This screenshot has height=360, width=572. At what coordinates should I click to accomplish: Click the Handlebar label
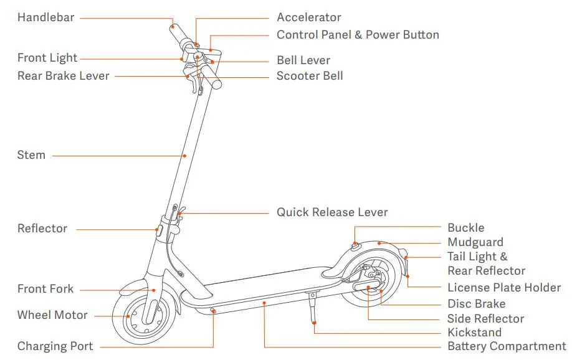[x=45, y=17]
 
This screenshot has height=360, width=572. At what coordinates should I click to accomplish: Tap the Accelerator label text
[x=309, y=17]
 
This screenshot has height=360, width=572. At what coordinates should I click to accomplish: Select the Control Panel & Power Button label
[x=358, y=35]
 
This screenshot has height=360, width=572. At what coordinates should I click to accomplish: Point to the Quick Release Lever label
[x=332, y=212]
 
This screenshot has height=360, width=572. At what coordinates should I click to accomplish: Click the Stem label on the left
[x=31, y=155]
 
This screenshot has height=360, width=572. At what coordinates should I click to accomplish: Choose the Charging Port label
[x=55, y=346]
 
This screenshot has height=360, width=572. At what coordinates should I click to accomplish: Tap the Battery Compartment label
[x=507, y=346]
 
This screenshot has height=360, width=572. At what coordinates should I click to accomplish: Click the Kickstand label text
[x=474, y=333]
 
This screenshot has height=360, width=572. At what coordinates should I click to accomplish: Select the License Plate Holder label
[x=504, y=288]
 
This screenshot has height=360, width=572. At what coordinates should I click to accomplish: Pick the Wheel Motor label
[x=52, y=315]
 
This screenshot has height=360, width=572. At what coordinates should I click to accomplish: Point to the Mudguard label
[x=475, y=242]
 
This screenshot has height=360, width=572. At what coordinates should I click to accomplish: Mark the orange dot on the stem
[x=184, y=155]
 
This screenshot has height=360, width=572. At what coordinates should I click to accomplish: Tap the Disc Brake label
[x=476, y=304]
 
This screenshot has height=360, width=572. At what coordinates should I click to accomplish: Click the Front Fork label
[x=45, y=289]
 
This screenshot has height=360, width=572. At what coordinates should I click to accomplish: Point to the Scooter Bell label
[x=310, y=76]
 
